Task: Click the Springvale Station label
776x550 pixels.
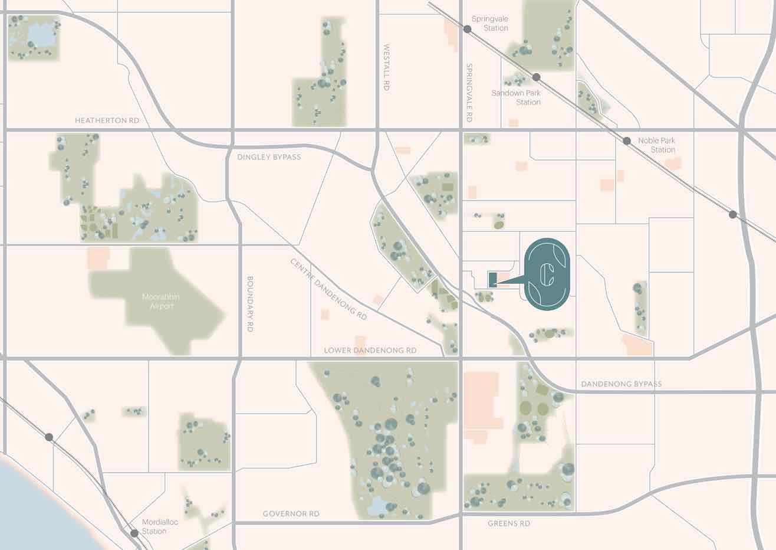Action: (489, 24)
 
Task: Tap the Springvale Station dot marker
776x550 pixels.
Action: (467, 29)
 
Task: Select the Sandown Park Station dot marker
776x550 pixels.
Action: (536, 77)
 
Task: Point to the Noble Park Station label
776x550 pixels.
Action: (656, 145)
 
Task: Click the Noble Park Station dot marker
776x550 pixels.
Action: (627, 141)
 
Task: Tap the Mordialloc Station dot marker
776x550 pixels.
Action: (134, 533)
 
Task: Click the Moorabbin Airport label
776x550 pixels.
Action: (160, 302)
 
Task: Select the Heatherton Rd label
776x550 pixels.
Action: (107, 120)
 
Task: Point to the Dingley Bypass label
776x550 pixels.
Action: (269, 157)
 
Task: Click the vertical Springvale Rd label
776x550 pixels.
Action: (469, 93)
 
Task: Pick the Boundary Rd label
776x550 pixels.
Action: (249, 304)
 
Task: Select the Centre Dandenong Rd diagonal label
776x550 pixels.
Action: (328, 289)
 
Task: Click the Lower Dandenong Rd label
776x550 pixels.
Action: (370, 351)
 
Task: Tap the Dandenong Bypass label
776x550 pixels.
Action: (622, 384)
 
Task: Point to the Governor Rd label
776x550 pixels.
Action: (291, 514)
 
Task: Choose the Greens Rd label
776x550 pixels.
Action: (509, 523)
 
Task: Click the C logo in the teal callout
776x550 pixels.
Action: (547, 274)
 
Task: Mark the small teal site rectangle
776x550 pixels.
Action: (493, 279)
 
